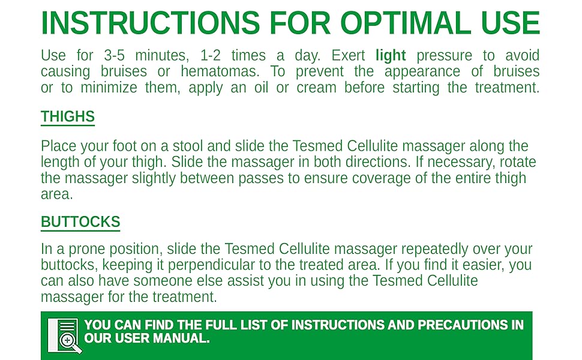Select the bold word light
click(x=391, y=56)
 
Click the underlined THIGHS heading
click(x=68, y=116)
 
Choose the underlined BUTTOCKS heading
click(x=80, y=222)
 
